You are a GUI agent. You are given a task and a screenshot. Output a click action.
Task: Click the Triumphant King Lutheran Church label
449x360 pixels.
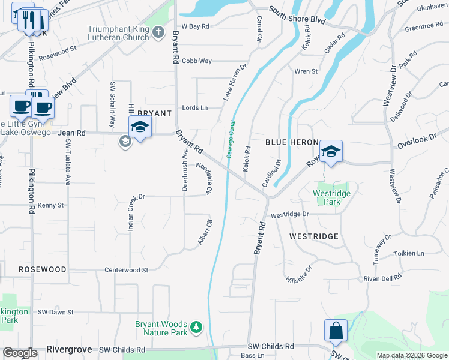coord(118,33)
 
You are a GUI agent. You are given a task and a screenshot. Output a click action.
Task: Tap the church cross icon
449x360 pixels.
coord(158,32)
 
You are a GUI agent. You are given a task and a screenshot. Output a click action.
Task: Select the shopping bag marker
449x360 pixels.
coord(336,331)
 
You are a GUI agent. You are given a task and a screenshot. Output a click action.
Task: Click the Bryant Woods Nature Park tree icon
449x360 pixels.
coord(196,328)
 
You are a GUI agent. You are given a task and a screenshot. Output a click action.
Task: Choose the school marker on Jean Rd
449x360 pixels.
coord(140,127)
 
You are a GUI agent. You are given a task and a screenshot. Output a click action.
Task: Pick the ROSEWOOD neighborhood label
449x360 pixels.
coord(42,269)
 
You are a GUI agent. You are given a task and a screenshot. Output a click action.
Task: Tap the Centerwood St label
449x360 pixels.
coord(126,271)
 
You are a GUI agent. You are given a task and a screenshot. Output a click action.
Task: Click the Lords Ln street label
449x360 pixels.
coord(194,108)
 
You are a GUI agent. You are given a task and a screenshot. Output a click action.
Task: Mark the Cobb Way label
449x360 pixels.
coord(197,61)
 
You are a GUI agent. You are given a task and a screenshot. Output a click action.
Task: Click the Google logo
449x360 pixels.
coord(20,353)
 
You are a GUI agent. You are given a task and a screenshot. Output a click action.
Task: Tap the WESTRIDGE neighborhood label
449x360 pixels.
coord(314,236)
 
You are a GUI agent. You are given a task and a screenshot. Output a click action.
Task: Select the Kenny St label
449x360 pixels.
coord(50,205)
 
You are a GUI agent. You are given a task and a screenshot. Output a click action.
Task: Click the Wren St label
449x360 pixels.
coord(306,71)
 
